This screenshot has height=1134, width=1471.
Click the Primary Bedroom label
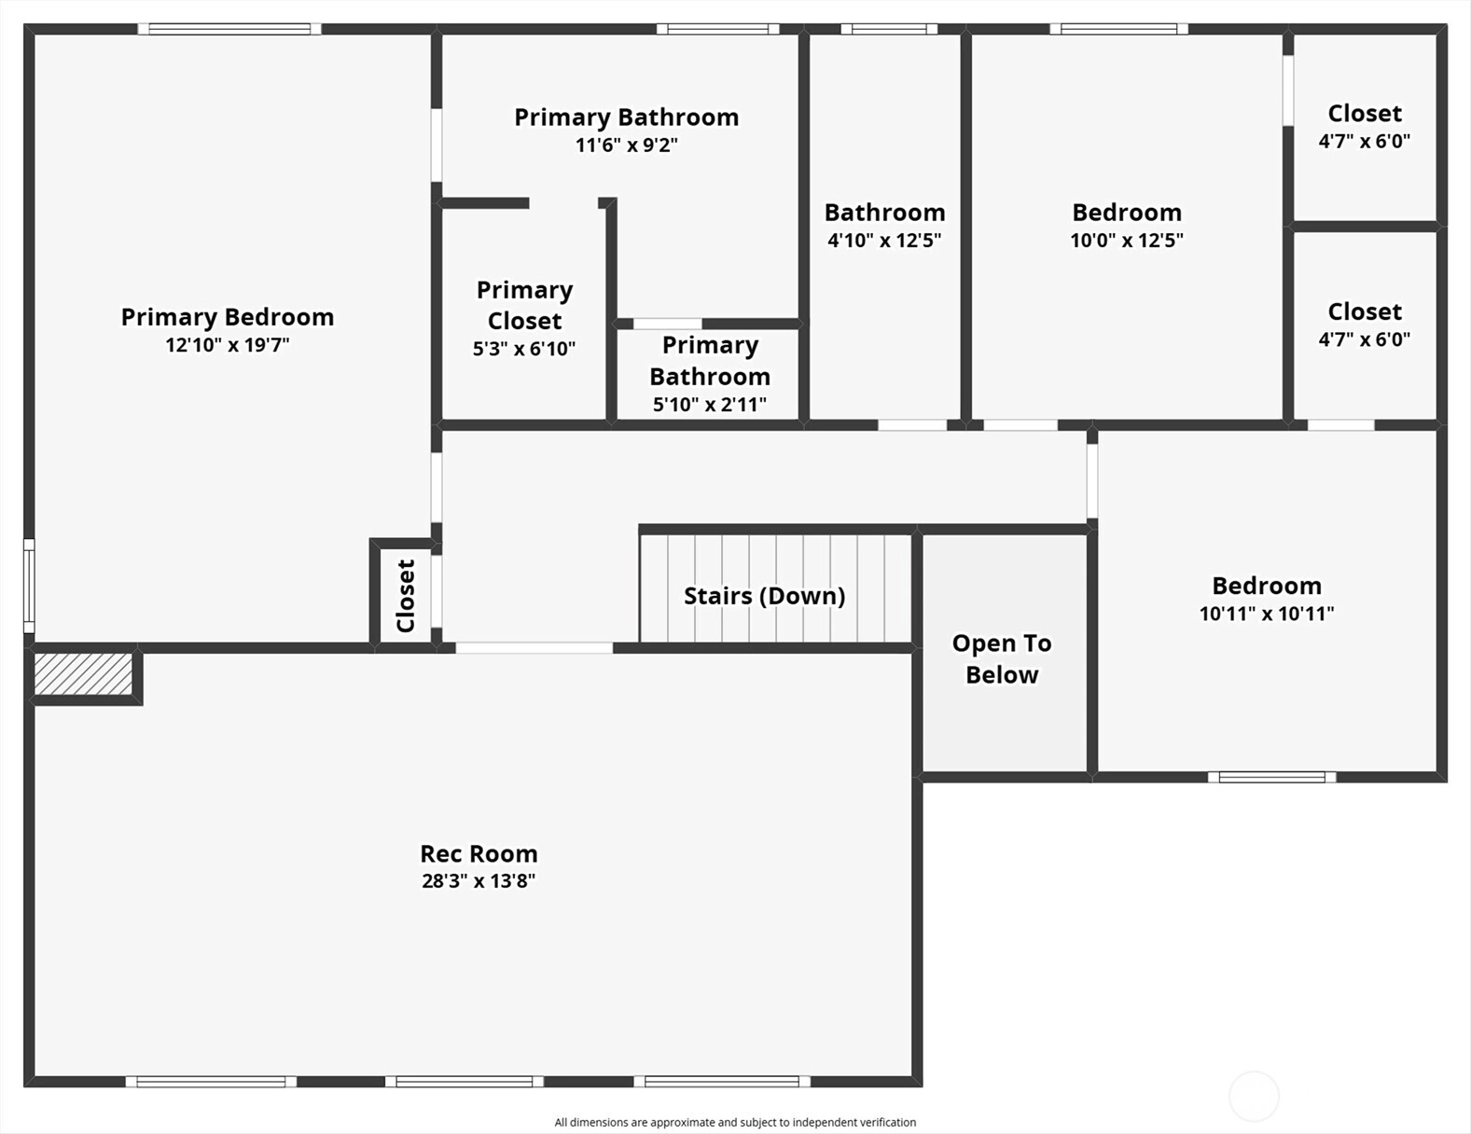(x=228, y=317)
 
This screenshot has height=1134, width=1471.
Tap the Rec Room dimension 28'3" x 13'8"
(x=479, y=881)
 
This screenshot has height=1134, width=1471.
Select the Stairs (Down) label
(x=764, y=596)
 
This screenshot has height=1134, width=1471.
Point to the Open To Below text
(x=1002, y=658)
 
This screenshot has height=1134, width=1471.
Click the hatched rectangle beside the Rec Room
(x=83, y=673)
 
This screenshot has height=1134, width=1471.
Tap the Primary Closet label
(x=524, y=305)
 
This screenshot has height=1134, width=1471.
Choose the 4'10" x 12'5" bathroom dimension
(x=884, y=241)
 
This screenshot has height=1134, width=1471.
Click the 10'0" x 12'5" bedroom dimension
(x=1127, y=241)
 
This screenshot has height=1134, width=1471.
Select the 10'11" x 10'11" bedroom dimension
(x=1267, y=614)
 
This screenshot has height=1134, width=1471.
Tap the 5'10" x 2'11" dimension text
(x=710, y=405)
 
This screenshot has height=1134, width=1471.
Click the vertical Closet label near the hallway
(x=406, y=596)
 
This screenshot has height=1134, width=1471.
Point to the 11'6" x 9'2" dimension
(x=626, y=145)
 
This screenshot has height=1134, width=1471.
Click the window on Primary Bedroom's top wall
(x=229, y=29)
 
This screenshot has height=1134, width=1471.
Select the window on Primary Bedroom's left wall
(x=29, y=586)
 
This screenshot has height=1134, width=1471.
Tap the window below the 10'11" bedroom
(x=1272, y=778)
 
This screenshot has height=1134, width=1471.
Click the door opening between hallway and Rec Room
(x=534, y=648)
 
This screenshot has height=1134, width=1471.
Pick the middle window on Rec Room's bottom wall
(x=465, y=1082)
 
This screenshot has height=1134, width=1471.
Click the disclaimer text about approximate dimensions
(x=735, y=1123)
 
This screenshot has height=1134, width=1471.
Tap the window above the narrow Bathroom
(x=889, y=29)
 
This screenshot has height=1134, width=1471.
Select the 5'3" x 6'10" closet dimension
(x=524, y=349)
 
